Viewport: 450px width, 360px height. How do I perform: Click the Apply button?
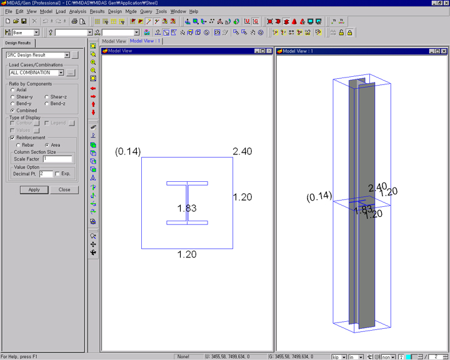(34, 189)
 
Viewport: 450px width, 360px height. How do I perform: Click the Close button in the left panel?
(64, 189)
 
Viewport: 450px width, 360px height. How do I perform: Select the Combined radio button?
(13, 111)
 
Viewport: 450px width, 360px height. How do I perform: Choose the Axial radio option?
(13, 90)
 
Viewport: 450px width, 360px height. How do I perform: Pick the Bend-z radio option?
(47, 104)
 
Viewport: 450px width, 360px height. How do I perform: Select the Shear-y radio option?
(13, 97)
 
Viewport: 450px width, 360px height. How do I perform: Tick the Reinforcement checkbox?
(12, 137)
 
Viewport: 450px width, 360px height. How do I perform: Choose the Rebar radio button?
(19, 145)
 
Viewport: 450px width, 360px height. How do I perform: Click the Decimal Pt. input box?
(46, 174)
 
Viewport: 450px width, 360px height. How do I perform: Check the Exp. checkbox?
(58, 174)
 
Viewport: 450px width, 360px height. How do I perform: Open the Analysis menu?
(77, 11)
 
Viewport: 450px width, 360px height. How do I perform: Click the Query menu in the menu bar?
(146, 11)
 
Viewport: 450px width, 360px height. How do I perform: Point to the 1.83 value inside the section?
(187, 208)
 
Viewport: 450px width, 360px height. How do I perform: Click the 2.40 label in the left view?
(242, 151)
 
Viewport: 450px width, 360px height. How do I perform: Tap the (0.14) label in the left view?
(127, 151)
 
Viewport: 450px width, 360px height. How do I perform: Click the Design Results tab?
(17, 43)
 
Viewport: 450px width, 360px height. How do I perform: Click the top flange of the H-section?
(187, 183)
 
